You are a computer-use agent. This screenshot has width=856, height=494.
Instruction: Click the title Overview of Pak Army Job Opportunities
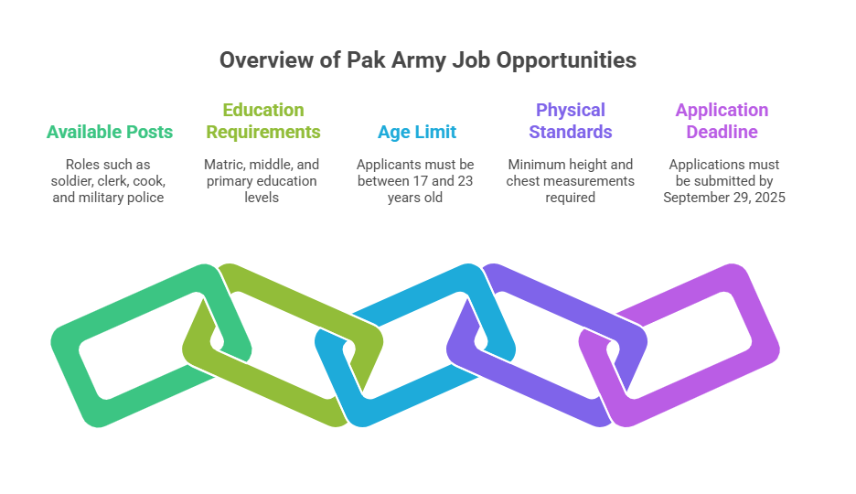pyautogui.click(x=427, y=60)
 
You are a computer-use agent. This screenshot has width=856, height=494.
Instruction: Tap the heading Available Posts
pyautogui.click(x=109, y=132)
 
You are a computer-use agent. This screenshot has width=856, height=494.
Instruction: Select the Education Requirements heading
pyautogui.click(x=263, y=121)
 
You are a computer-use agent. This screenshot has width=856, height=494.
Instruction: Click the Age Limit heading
pyautogui.click(x=417, y=132)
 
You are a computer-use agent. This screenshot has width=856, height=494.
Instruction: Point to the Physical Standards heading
pyautogui.click(x=571, y=121)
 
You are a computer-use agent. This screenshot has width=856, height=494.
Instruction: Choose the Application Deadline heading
pyautogui.click(x=722, y=121)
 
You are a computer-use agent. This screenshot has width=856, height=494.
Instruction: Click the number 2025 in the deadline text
pyautogui.click(x=769, y=198)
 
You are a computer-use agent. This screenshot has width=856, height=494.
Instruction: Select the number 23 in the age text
pyautogui.click(x=465, y=181)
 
